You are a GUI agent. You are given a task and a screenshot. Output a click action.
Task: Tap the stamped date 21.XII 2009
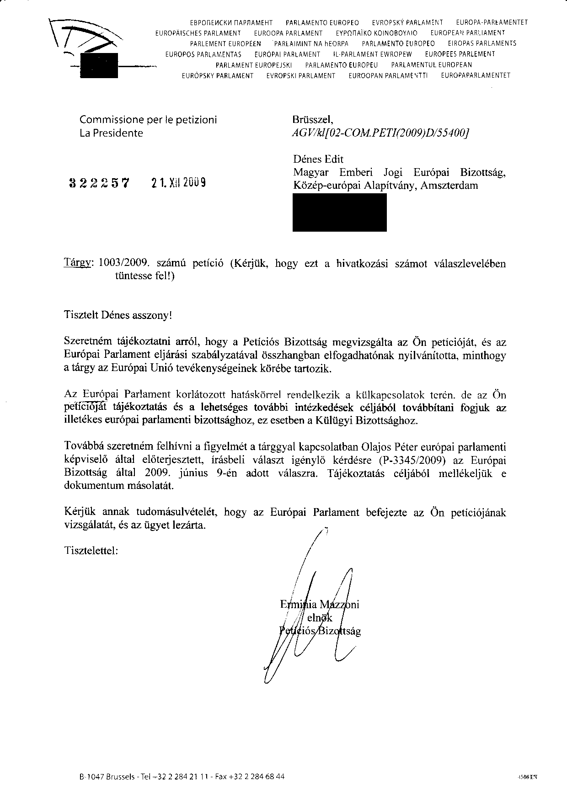point(178,183)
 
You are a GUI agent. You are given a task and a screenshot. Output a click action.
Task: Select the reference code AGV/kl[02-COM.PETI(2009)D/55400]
point(380,133)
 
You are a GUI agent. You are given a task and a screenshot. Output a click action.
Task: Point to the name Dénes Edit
point(318,159)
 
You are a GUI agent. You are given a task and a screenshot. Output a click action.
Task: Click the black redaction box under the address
point(339,212)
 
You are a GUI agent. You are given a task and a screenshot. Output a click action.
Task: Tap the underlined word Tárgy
point(79,264)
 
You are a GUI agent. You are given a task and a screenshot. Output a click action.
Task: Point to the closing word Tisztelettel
point(91,550)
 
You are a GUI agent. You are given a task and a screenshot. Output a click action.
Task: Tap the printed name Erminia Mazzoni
point(320,605)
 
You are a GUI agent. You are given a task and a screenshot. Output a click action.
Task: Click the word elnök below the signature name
point(320,618)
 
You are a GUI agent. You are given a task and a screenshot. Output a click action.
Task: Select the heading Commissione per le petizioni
point(148,120)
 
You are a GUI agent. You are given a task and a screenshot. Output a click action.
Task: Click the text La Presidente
point(111,133)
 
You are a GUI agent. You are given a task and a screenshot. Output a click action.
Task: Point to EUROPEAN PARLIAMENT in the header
point(464,33)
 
